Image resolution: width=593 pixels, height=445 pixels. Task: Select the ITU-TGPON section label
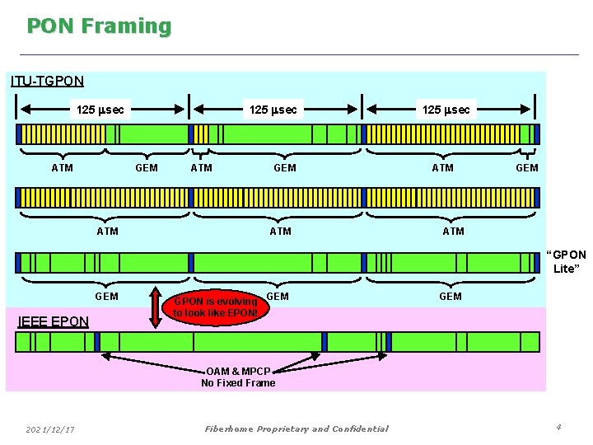[x=47, y=81]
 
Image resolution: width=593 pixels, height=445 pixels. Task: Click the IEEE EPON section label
[x=53, y=321]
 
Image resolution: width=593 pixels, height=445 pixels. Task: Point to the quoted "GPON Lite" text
[x=566, y=261]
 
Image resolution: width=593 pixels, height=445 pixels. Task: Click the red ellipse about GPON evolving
[x=216, y=307]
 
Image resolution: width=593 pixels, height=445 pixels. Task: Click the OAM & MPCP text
[x=238, y=371]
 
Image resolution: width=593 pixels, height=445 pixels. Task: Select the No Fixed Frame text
[x=238, y=382]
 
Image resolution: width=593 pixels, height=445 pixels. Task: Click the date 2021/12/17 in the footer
[x=50, y=429]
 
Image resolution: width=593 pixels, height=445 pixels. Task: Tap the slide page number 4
[x=558, y=427]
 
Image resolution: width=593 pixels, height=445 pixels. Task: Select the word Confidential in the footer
[x=358, y=429]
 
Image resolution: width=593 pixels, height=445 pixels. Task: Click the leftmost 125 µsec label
[x=100, y=110]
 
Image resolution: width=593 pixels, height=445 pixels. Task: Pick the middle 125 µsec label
[x=273, y=110]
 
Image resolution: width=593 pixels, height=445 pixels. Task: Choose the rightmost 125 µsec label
[x=446, y=110]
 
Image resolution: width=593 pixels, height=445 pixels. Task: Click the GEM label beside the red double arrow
[x=107, y=296]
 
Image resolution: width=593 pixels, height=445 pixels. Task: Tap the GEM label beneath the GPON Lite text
[x=451, y=296]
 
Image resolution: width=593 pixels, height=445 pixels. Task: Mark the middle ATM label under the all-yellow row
[x=280, y=231]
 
